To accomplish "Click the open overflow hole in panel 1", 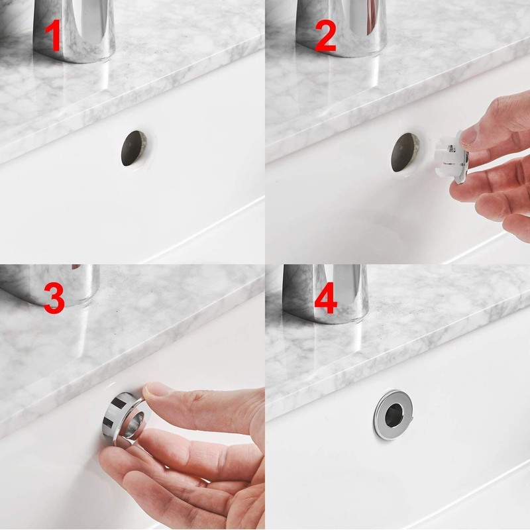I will (134, 148).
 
